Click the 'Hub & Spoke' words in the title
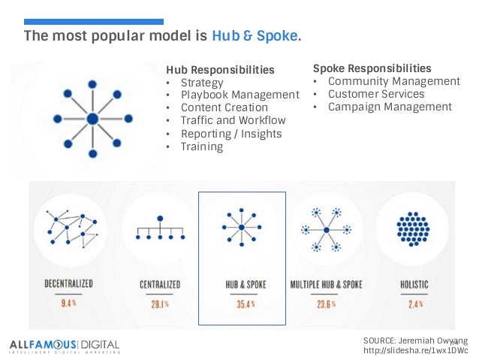click(x=255, y=36)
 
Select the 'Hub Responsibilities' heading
click(x=220, y=70)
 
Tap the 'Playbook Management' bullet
click(x=239, y=95)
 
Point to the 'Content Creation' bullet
click(x=224, y=107)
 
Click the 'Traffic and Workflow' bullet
click(x=233, y=120)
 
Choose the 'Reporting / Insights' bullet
click(x=231, y=134)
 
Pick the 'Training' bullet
click(x=201, y=147)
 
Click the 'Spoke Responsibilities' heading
click(x=372, y=68)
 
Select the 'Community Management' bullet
click(x=393, y=81)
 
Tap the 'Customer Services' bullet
click(x=375, y=94)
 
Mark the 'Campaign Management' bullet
click(x=390, y=107)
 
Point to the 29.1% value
click(x=157, y=304)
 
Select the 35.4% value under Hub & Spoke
click(x=242, y=304)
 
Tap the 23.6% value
click(x=326, y=304)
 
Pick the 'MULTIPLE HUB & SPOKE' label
click(x=326, y=286)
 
